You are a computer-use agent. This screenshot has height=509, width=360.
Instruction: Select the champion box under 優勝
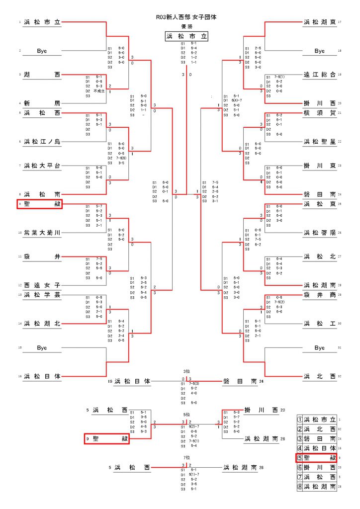click(x=186, y=36)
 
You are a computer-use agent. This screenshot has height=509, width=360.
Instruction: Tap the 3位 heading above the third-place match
click(x=186, y=371)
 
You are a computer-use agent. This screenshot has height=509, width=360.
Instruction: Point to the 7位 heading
click(x=186, y=457)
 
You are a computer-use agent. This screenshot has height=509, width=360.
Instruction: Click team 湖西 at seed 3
click(x=42, y=75)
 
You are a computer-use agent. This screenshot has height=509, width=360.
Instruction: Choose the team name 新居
click(x=42, y=102)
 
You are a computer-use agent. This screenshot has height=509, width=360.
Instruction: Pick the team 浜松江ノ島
click(x=42, y=142)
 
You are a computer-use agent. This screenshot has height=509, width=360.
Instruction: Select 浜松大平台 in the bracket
click(x=42, y=165)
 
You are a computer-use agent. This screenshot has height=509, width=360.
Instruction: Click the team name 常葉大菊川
click(x=42, y=232)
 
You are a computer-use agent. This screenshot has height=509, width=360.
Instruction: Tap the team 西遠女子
click(x=42, y=285)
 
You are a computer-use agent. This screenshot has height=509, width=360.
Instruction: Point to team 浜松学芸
click(x=42, y=295)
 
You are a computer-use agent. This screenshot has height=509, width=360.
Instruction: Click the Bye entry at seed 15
click(x=42, y=348)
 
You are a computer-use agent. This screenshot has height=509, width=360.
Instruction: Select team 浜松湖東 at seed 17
click(x=319, y=22)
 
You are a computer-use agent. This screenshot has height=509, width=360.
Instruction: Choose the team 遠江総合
click(x=319, y=75)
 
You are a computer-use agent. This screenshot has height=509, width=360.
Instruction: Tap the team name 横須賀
click(x=319, y=113)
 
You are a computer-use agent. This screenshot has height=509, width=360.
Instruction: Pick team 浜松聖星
click(x=319, y=142)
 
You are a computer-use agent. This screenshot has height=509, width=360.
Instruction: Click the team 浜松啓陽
click(x=319, y=232)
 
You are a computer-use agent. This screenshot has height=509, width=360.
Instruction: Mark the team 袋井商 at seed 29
click(x=319, y=295)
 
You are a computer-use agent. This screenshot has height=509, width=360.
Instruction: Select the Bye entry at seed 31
click(x=319, y=348)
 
